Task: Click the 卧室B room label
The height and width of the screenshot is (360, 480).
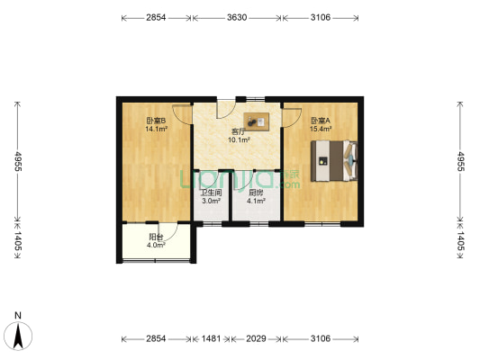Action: pos(156,121)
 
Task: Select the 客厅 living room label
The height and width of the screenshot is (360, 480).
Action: pos(239,131)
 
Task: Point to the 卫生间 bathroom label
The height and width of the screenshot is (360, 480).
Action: pos(210,193)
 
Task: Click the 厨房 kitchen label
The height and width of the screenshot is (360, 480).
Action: pos(256,193)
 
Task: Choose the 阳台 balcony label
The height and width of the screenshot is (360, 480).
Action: pos(156,236)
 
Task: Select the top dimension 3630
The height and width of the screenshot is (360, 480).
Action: pos(238,18)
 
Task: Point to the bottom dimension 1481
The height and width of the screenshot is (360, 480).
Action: pos(210,338)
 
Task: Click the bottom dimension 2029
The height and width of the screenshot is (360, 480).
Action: pos(256,338)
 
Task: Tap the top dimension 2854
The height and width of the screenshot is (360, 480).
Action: pos(156,18)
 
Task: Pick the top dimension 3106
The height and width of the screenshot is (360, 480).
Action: pos(321,18)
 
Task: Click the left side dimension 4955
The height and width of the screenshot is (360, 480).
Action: pos(15,161)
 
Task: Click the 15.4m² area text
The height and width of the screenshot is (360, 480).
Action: pos(321,129)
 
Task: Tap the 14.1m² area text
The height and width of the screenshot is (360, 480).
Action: pos(156,129)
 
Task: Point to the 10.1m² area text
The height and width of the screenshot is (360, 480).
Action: pos(239,139)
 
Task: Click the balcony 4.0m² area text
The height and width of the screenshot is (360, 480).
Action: pos(156,244)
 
